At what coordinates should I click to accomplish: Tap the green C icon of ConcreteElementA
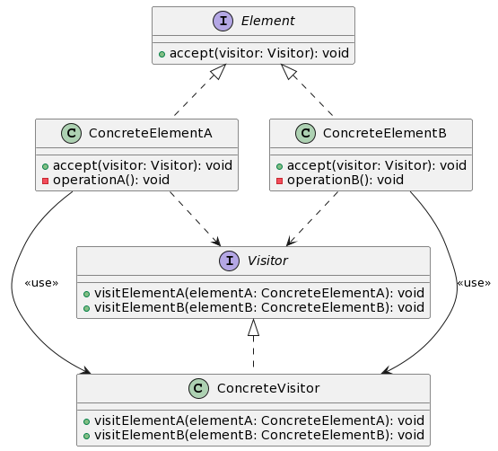point(73,134)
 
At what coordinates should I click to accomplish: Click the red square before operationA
point(45,180)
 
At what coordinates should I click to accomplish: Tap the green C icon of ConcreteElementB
point(306,134)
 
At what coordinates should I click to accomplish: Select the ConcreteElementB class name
point(384,134)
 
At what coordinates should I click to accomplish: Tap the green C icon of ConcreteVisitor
point(200,388)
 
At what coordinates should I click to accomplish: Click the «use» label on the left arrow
point(41,283)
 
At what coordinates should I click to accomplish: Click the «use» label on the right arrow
point(474,283)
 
